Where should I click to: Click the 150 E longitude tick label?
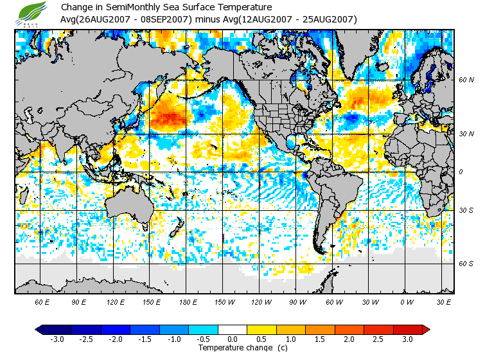click(152, 301)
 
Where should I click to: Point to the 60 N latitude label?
click(466, 80)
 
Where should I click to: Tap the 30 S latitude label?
click(466, 210)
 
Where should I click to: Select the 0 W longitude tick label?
click(407, 301)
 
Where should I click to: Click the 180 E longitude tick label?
click(189, 301)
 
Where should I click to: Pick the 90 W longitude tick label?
click(297, 301)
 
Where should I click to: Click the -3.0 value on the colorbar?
click(57, 339)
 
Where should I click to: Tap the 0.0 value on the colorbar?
click(232, 339)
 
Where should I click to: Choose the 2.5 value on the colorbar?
click(378, 339)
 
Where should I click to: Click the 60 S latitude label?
click(466, 263)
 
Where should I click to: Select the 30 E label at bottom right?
click(443, 301)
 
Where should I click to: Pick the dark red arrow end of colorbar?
click(426, 330)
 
